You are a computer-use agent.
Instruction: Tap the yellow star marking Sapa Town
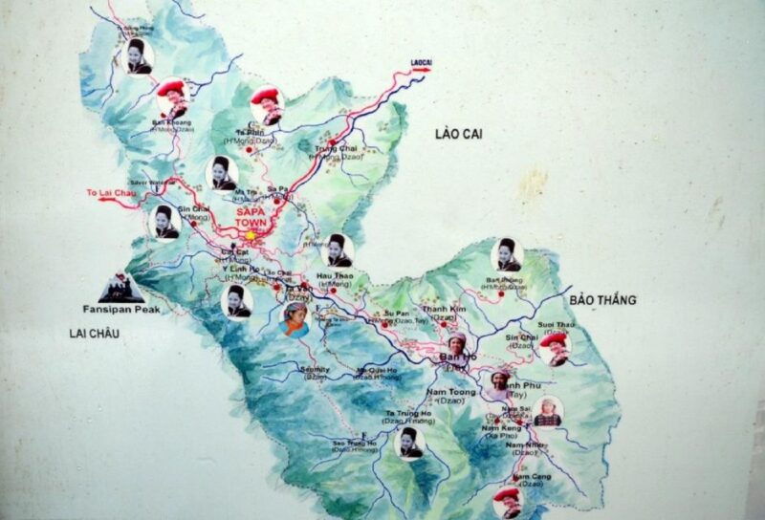coord(251,235)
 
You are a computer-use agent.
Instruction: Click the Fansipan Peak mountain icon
coord(121,287)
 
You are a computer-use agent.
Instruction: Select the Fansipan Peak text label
coord(120,310)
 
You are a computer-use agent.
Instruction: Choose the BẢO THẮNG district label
coord(602,299)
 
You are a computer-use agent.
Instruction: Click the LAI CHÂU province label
coord(93,333)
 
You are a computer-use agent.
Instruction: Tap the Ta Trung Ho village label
coord(409,413)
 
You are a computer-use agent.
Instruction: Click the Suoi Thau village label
coord(557,325)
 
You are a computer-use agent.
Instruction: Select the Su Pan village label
coord(396,313)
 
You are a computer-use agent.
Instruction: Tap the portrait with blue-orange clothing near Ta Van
coord(295,319)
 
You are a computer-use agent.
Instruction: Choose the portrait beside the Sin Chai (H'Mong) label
coord(167,222)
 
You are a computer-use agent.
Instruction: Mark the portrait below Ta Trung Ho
coord(409,443)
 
